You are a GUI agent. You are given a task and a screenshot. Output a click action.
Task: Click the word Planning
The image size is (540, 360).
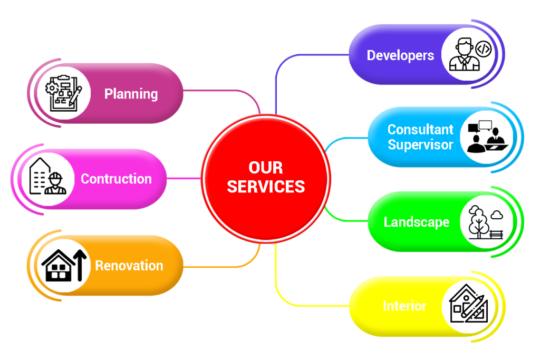pos(131,94)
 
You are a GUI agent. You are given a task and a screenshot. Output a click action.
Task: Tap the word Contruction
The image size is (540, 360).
pos(116,179)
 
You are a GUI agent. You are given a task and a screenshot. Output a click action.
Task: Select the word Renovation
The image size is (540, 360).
pos(129,265)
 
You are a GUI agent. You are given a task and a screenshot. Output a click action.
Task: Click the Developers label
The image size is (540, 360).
pos(400,55)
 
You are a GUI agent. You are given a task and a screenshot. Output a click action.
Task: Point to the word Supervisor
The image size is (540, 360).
pos(420,144)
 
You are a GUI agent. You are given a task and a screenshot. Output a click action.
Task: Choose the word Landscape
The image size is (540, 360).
pos(416,222)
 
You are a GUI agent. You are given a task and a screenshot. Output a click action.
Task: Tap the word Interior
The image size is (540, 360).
pos(404,306)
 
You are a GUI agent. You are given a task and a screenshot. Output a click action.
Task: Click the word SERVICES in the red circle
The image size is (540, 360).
pos(266,187)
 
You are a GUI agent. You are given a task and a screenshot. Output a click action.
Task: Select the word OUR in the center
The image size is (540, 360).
pos(266,168)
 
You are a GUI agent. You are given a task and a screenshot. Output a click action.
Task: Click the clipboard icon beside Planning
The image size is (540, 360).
pos(64,93)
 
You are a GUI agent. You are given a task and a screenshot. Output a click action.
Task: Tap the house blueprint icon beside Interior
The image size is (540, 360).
pos(468,306)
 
